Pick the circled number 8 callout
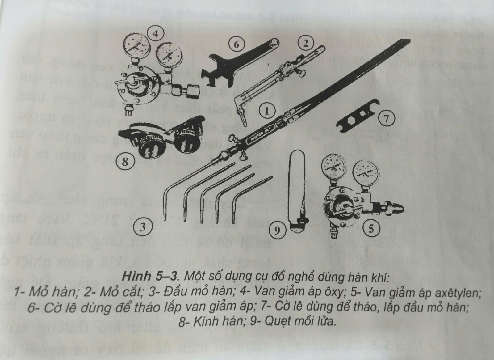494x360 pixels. (124, 162)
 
